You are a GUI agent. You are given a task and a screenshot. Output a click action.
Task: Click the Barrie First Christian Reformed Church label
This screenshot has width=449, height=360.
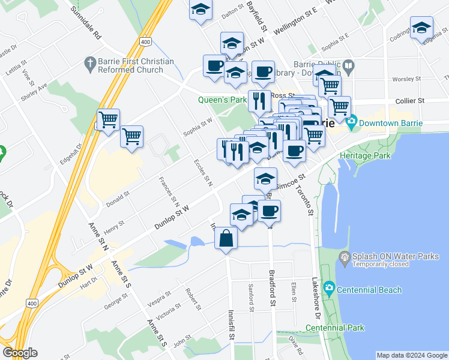[x=129, y=65]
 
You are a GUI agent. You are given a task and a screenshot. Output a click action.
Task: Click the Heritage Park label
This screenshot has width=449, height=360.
[x=364, y=155]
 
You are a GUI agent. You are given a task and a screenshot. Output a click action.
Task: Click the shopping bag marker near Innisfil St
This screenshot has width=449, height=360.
[x=226, y=239]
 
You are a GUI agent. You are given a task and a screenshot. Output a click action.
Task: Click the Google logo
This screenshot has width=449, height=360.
[x=20, y=353]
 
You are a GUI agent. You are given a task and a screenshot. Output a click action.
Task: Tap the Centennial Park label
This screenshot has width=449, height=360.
[x=335, y=328]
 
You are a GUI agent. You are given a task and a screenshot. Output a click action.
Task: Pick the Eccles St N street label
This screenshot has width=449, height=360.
[x=203, y=172]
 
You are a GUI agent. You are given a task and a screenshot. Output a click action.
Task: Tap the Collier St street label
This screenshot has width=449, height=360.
[x=410, y=101]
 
